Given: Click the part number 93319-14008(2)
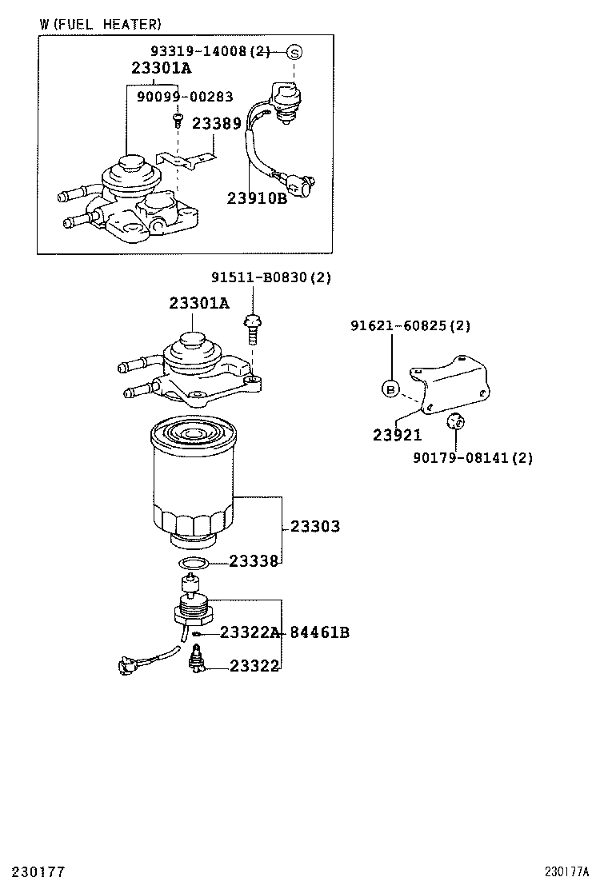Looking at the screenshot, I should pyautogui.click(x=211, y=52).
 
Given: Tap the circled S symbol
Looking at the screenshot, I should pyautogui.click(x=294, y=53).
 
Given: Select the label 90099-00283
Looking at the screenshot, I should pyautogui.click(x=185, y=97).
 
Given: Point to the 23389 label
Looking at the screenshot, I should pyautogui.click(x=216, y=124).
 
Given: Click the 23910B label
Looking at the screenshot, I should pyautogui.click(x=256, y=198).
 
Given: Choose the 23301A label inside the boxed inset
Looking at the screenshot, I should pyautogui.click(x=162, y=69).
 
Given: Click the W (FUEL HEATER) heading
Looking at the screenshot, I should pyautogui.click(x=100, y=25).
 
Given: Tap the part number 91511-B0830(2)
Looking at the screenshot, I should pyautogui.click(x=271, y=277).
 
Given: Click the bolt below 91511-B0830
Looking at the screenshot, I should pyautogui.click(x=251, y=328).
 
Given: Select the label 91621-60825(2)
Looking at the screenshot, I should pyautogui.click(x=410, y=325).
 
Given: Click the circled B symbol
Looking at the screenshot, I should pyautogui.click(x=390, y=389).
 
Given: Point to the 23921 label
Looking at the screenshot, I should pyautogui.click(x=397, y=435).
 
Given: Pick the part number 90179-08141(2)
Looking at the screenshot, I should pyautogui.click(x=473, y=458).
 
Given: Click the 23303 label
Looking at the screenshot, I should pyautogui.click(x=314, y=526).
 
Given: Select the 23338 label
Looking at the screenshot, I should pyautogui.click(x=254, y=561).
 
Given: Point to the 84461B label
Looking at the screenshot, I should pyautogui.click(x=319, y=633).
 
